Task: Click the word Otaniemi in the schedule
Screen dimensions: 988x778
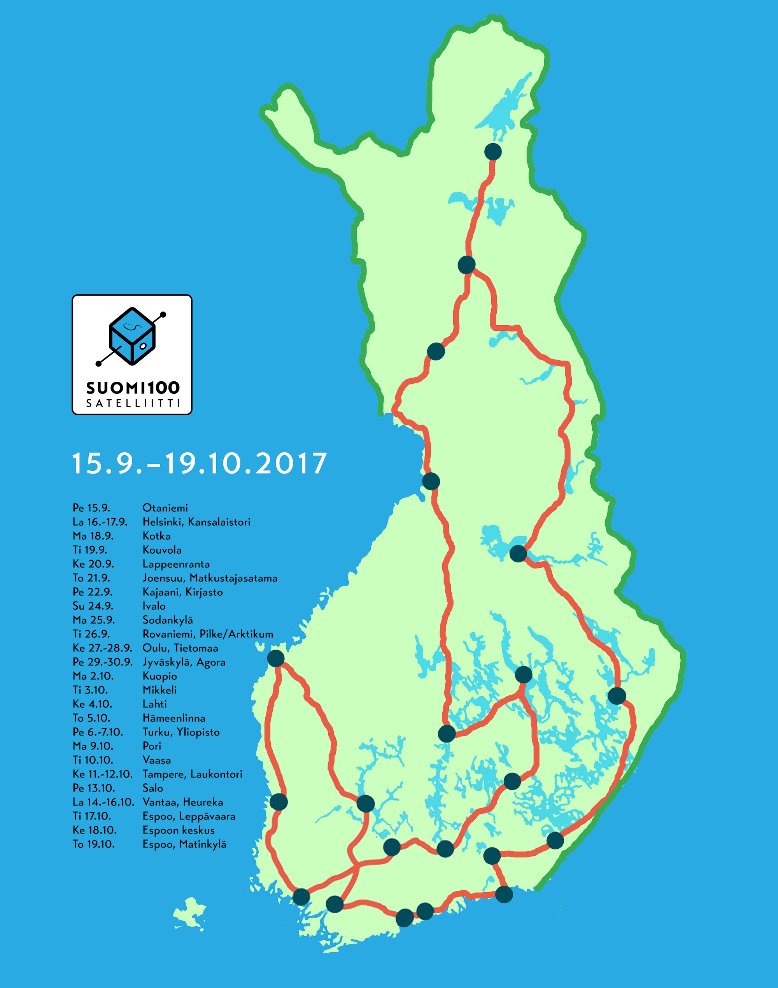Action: tap(165, 508)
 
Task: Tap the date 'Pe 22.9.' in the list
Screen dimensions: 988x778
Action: tap(93, 592)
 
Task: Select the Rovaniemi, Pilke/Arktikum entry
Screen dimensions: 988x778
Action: tap(208, 634)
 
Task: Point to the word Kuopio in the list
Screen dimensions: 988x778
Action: tap(159, 676)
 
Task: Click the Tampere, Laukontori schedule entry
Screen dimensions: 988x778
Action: tap(192, 774)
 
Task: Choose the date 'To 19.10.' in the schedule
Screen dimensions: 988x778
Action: tap(94, 844)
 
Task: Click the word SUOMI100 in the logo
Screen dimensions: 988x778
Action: tap(133, 388)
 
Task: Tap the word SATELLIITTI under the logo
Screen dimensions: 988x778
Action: tap(133, 403)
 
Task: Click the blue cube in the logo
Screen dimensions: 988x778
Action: tap(132, 336)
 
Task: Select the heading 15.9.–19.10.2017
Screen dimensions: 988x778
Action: tap(200, 464)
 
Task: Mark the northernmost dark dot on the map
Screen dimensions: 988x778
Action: tap(493, 151)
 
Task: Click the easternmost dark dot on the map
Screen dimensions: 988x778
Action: tap(617, 696)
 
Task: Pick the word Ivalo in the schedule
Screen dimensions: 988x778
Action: tap(154, 606)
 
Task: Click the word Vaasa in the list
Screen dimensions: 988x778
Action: tap(157, 760)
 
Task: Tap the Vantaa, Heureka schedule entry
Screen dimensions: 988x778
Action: tap(183, 802)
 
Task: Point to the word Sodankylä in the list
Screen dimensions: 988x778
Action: tap(168, 620)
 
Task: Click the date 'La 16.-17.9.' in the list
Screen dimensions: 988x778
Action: tap(100, 522)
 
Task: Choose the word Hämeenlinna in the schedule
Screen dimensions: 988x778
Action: tap(174, 718)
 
